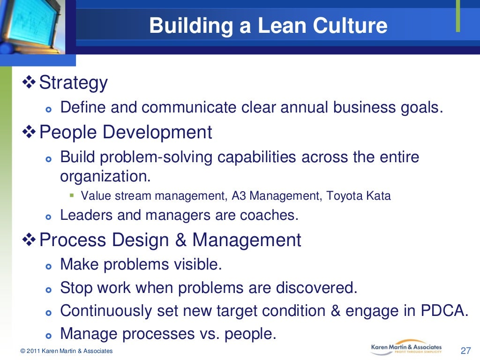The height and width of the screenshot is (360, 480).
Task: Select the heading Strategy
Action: tap(74, 83)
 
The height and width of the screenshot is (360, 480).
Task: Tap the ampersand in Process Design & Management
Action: tap(180, 240)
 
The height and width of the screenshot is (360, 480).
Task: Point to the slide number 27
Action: tap(465, 351)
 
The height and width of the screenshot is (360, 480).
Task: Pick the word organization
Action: tap(105, 176)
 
